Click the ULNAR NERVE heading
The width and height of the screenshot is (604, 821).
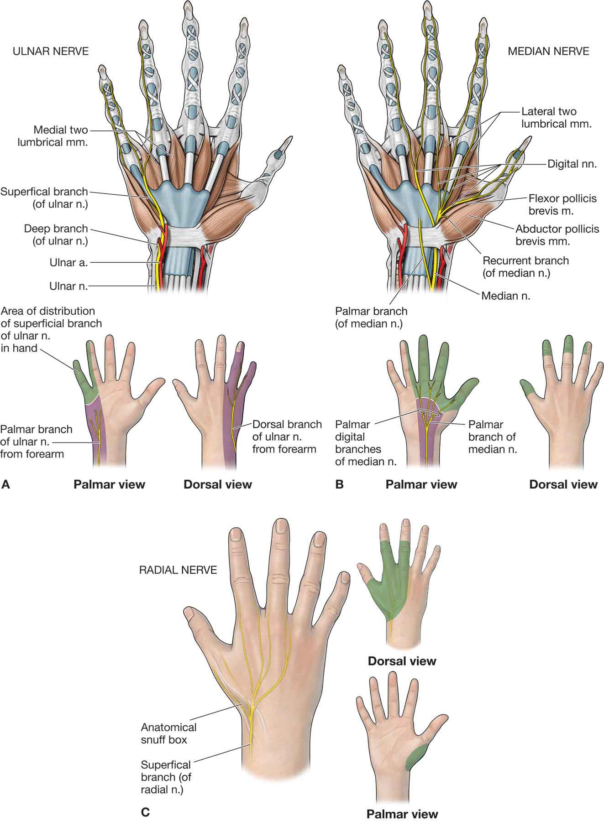(51, 51)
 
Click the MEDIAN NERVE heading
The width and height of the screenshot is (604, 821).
(548, 51)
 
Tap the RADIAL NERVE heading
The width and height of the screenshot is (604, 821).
(178, 570)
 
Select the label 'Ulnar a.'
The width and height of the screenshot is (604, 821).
(68, 263)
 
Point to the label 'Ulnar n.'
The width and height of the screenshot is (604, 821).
(68, 286)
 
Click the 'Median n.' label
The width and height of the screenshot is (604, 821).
(505, 296)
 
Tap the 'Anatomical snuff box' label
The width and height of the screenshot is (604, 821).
(169, 733)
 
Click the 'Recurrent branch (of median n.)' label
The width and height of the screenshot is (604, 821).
(525, 267)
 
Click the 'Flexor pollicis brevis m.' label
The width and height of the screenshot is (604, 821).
(562, 205)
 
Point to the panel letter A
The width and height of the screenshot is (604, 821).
(6, 484)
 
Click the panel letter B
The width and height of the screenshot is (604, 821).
(339, 484)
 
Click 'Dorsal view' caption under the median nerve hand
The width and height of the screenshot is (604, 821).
(563, 484)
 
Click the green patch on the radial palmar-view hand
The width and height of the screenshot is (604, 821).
(416, 754)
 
